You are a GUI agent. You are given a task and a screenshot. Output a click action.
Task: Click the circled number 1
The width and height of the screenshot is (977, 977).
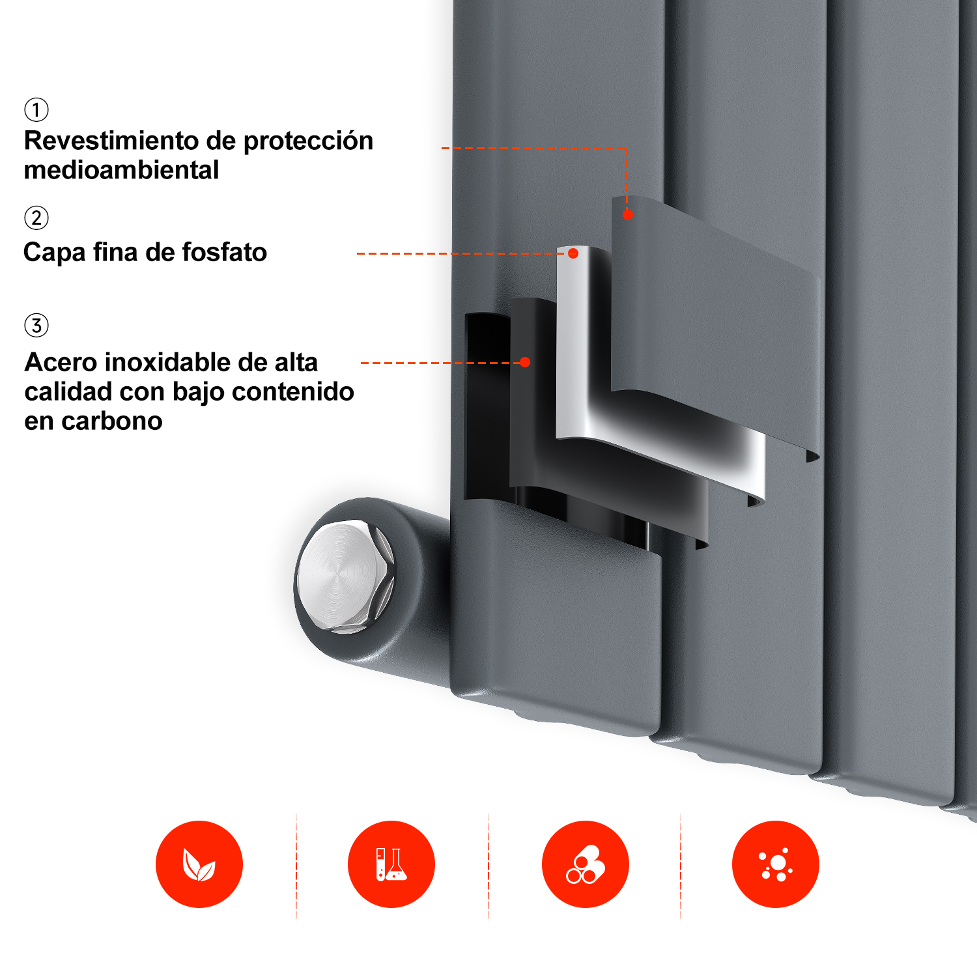[36, 109]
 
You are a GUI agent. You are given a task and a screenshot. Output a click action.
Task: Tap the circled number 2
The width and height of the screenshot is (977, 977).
[36, 218]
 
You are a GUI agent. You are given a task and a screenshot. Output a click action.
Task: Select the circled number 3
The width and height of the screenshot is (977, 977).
[36, 325]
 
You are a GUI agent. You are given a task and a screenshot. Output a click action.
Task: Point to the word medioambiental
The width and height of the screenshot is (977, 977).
[121, 170]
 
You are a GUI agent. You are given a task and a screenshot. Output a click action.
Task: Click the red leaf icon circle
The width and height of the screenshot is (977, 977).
[199, 864]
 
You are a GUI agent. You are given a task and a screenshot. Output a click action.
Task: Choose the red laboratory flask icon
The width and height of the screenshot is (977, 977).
[391, 864]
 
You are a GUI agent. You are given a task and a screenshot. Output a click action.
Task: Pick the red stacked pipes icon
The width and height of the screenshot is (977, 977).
[586, 864]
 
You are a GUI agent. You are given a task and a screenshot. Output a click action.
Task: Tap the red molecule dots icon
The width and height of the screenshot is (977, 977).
[776, 864]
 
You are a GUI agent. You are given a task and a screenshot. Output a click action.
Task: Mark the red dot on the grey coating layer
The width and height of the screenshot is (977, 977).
[628, 215]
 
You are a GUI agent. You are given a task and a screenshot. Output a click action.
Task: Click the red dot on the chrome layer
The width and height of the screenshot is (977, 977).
[573, 253]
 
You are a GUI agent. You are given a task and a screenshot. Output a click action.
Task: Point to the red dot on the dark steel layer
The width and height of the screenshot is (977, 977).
[526, 362]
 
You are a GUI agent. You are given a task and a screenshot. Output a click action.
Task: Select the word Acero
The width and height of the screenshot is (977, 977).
[61, 362]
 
